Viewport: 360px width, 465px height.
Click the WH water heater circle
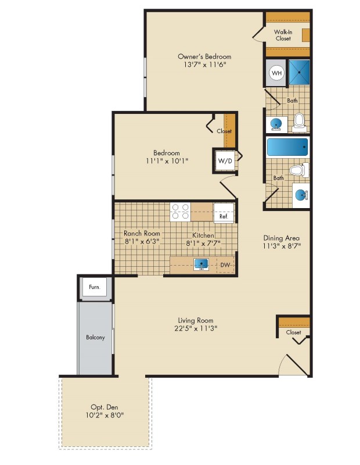tap(277, 73)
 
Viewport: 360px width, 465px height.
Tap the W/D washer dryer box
tap(225, 161)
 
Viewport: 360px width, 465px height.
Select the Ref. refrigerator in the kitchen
tap(224, 213)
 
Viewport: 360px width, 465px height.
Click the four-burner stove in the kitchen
tap(180, 212)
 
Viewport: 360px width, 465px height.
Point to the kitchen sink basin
tap(201, 264)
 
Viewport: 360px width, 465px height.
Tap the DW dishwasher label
tap(225, 265)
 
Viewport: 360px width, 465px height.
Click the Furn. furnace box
tap(95, 287)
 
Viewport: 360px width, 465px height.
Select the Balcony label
tap(95, 337)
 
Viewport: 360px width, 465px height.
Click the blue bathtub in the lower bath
tap(287, 148)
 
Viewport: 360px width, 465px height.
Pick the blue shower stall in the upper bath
tap(299, 73)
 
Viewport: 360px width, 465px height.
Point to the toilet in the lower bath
tap(299, 170)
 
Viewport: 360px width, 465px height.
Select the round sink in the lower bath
tap(301, 195)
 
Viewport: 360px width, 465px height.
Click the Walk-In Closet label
tap(283, 35)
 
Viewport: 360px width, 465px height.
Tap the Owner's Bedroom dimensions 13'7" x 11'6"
tap(204, 65)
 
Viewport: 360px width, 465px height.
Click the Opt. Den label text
tap(105, 407)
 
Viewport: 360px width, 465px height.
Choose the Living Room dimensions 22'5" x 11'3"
tap(196, 328)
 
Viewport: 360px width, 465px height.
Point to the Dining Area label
tap(282, 238)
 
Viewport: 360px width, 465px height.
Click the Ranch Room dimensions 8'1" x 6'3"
tap(142, 241)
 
